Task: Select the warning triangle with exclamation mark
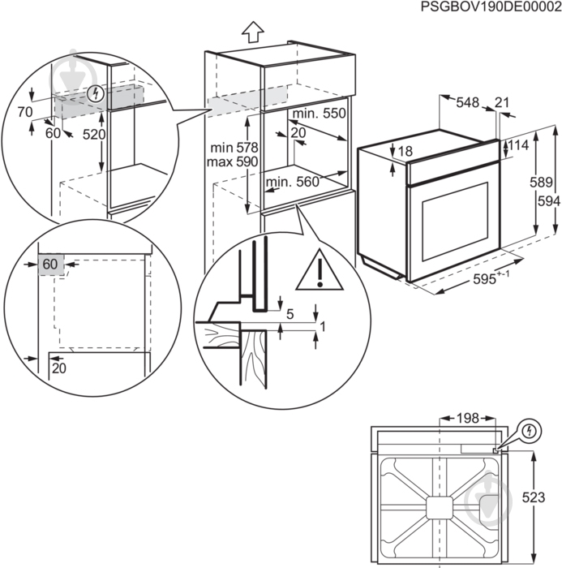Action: coord(320,271)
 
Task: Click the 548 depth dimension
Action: coord(467,103)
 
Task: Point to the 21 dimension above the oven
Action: coord(502,103)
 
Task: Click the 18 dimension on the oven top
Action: coord(405,152)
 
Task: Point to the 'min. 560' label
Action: coord(292,183)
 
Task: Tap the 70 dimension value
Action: coord(24,112)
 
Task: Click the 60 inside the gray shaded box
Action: coord(50,265)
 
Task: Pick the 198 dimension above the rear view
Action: coord(465,419)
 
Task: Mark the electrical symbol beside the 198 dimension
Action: coord(528,429)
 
